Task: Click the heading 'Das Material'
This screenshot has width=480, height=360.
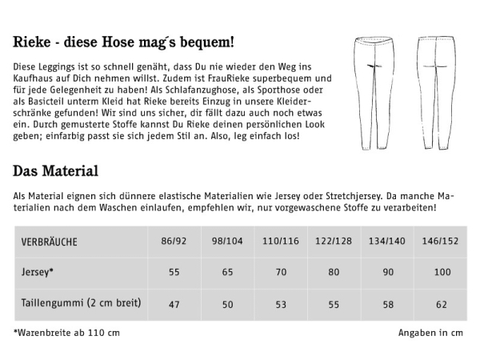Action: click(x=55, y=170)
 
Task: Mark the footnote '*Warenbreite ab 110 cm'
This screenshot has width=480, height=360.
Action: click(x=67, y=332)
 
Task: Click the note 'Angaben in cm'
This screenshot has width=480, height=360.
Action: click(x=430, y=332)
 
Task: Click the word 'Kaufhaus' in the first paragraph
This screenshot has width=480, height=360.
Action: click(x=36, y=78)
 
